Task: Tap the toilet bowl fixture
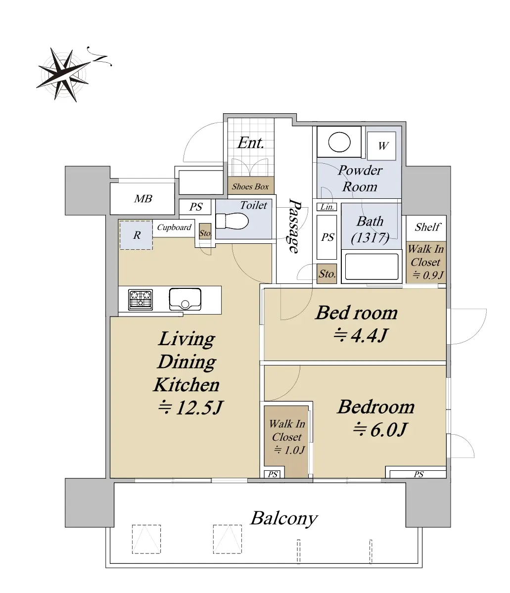(232, 221)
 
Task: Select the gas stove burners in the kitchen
(140, 300)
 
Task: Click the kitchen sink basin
(185, 299)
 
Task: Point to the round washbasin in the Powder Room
(339, 142)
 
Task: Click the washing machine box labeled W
(381, 146)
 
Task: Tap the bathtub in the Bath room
(371, 267)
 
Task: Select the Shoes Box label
(250, 186)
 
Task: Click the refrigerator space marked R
(136, 235)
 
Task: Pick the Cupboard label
(174, 228)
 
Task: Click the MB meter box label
(143, 198)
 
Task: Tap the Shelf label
(427, 227)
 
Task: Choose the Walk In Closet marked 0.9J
(426, 262)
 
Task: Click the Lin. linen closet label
(327, 207)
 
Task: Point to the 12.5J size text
(190, 408)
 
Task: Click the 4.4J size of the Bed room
(361, 335)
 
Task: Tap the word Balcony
(284, 518)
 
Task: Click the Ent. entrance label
(250, 143)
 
